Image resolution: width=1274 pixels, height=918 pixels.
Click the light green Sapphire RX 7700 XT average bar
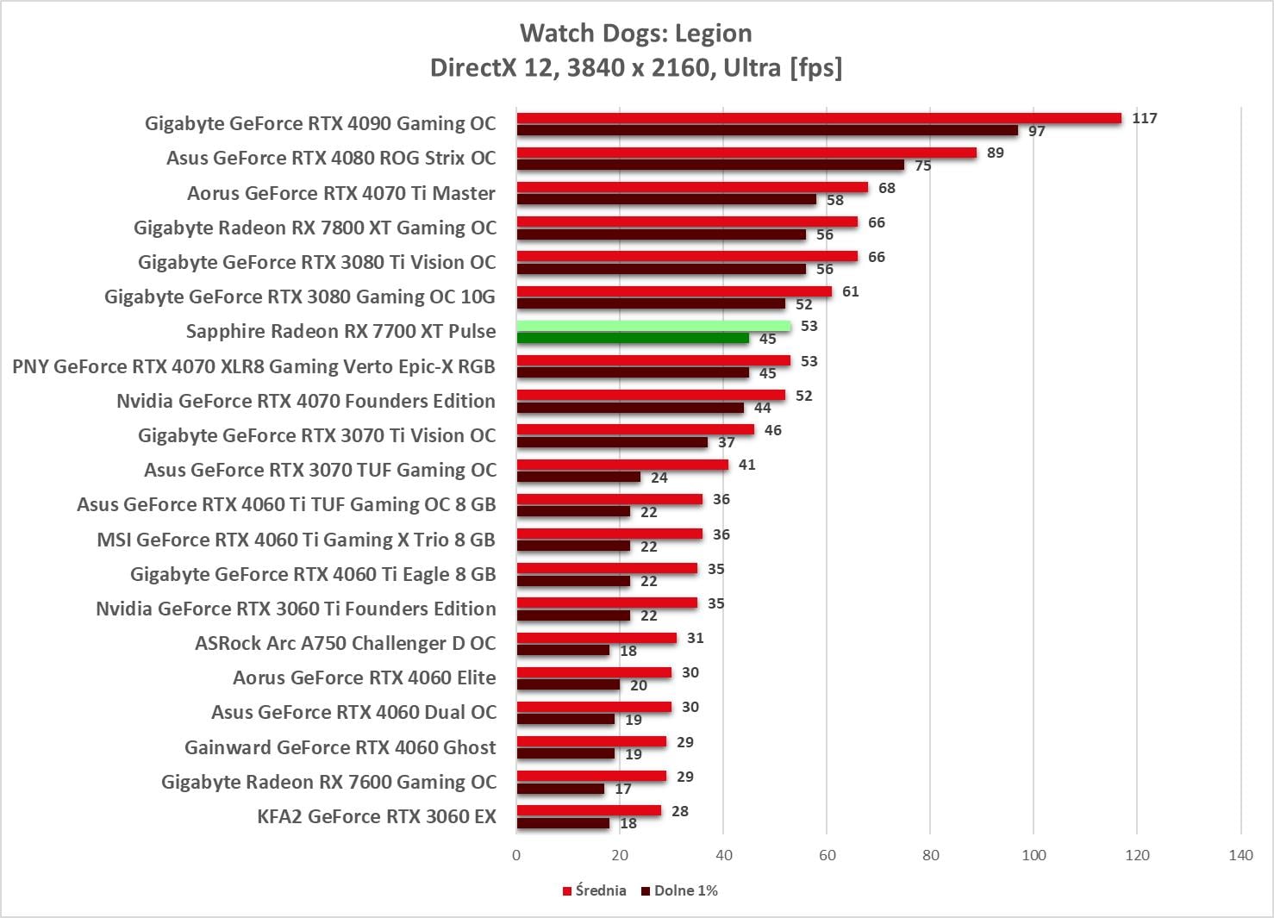[653, 326]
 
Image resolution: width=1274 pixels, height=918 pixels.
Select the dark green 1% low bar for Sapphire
[633, 338]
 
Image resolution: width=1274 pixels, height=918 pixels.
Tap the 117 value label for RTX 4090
[1144, 118]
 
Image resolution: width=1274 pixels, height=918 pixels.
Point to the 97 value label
[1036, 131]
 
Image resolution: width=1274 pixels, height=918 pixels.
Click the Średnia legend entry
[595, 890]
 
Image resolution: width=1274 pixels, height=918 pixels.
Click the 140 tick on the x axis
[1240, 855]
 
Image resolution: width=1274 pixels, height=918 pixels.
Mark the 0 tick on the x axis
[516, 855]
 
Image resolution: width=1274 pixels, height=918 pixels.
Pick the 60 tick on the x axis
[827, 855]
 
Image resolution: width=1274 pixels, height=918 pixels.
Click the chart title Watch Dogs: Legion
[635, 33]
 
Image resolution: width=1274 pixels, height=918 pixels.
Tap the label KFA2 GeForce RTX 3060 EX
[376, 816]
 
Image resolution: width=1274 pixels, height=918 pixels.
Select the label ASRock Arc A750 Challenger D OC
[345, 643]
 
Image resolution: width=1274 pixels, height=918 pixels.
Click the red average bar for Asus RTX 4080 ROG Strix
[746, 153]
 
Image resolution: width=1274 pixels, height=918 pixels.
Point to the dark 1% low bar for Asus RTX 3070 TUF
[578, 477]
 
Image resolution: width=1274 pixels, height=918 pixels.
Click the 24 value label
[659, 478]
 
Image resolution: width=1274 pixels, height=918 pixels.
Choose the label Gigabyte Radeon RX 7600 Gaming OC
[328, 782]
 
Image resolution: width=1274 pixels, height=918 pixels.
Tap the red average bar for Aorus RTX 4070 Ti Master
[692, 187]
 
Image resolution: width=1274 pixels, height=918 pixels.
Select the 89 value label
[995, 153]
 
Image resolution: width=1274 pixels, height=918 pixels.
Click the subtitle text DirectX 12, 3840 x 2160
[635, 67]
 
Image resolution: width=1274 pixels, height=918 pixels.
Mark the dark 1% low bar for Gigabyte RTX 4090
[767, 130]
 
